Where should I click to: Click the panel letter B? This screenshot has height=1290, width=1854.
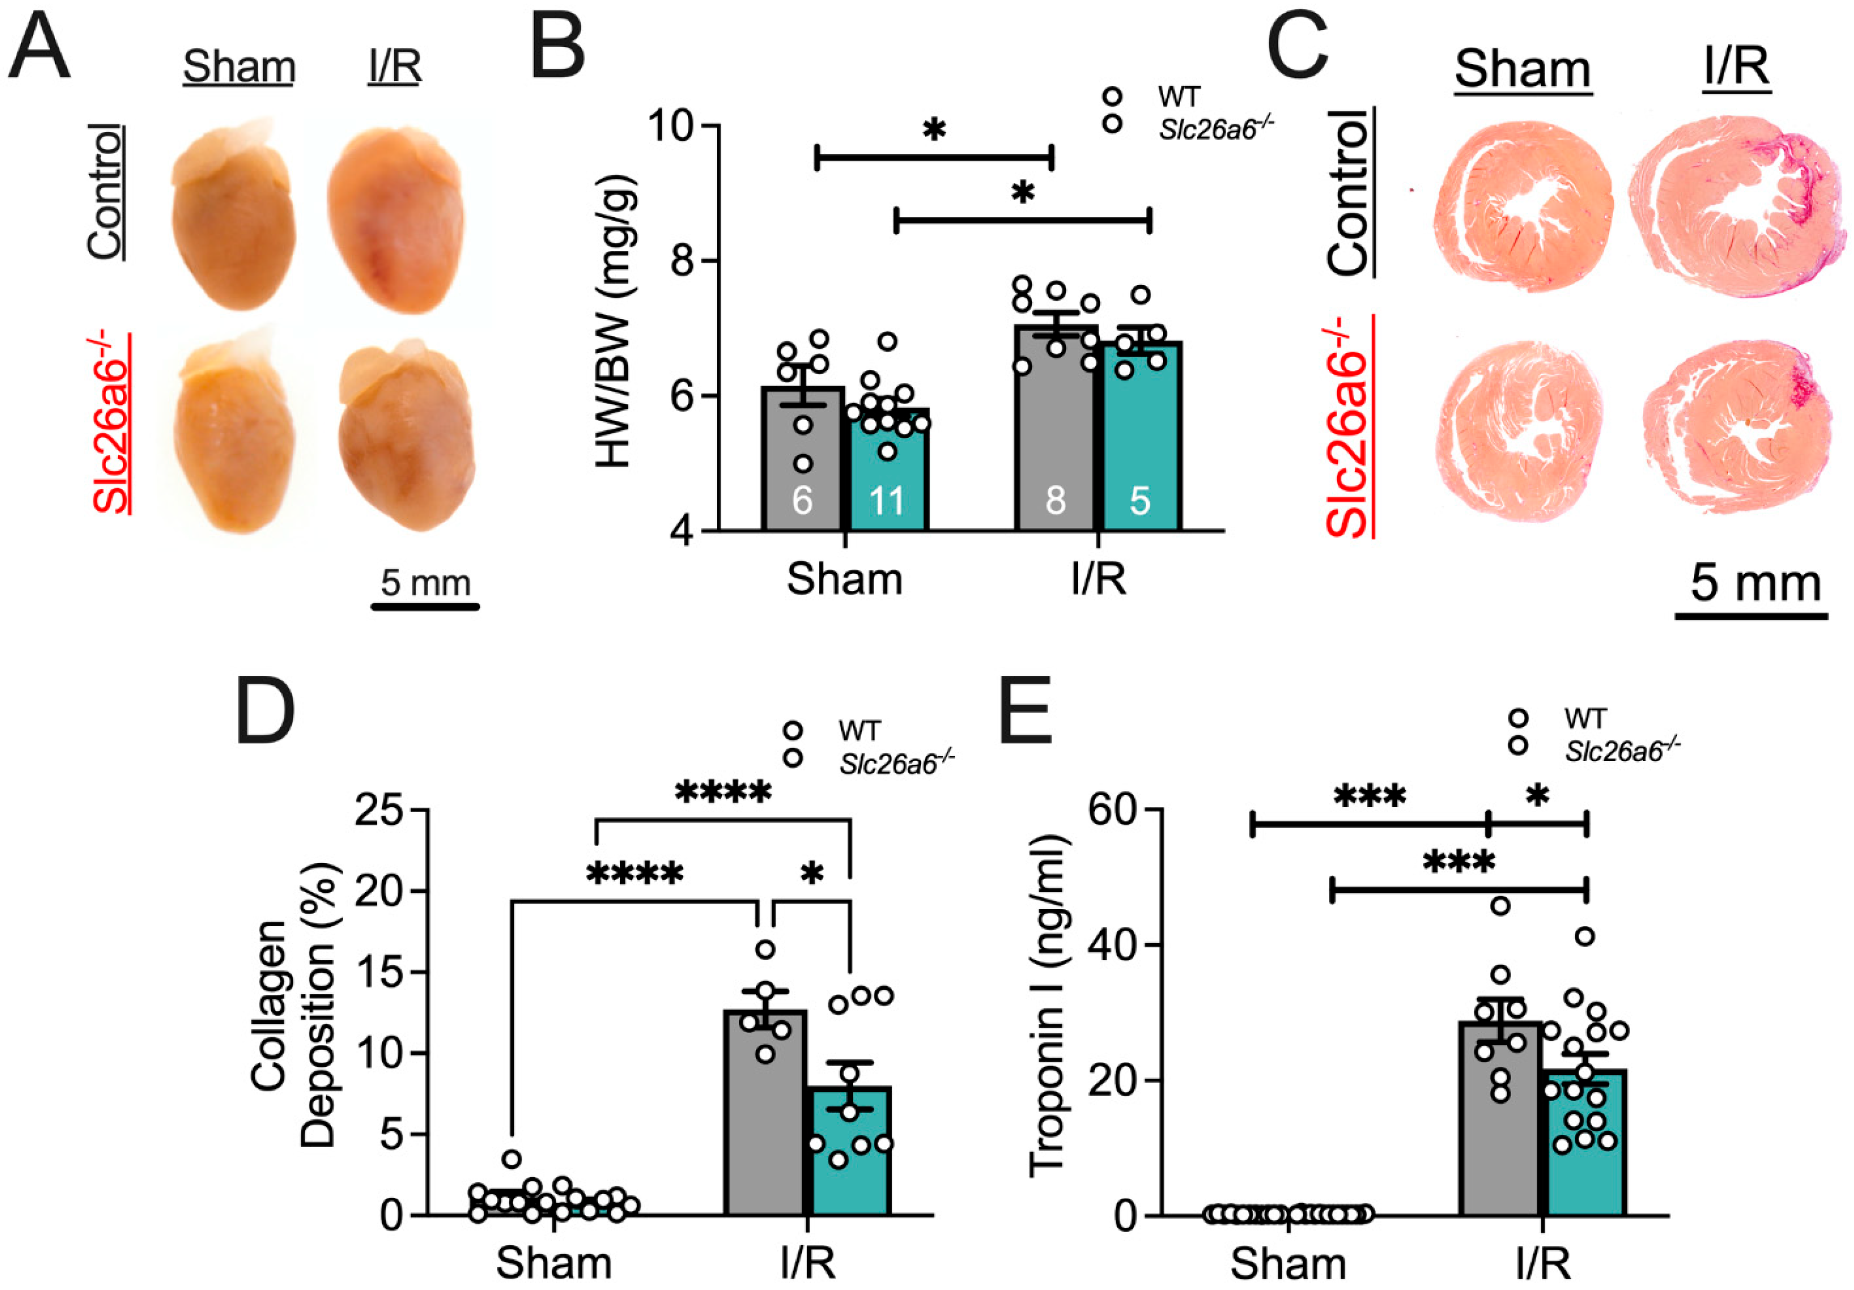pos(558,49)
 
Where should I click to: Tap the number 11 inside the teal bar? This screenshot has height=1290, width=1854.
pos(886,501)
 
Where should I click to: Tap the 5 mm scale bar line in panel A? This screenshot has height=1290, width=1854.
pos(426,606)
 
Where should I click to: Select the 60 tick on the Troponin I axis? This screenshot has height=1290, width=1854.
pos(1111,809)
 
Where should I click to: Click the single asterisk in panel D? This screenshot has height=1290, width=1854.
pos(812,874)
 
